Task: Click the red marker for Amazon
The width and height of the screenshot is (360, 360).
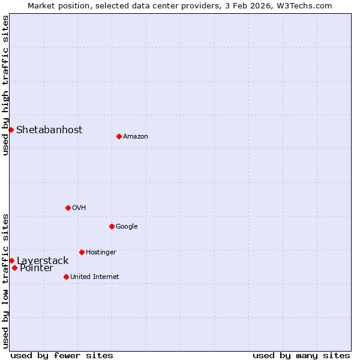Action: [119, 136]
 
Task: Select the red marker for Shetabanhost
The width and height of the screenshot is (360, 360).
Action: [11, 130]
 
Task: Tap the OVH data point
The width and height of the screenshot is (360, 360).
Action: [68, 208]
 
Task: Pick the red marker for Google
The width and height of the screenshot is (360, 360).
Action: [112, 226]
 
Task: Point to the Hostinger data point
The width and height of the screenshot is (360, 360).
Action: [82, 252]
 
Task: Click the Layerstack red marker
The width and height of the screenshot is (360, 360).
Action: [11, 260]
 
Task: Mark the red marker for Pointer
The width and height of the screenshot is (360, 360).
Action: [14, 268]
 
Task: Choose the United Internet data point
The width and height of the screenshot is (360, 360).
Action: [66, 277]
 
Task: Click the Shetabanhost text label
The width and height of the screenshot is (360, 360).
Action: [49, 130]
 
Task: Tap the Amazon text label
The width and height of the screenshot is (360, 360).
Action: [136, 137]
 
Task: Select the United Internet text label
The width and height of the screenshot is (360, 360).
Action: [95, 277]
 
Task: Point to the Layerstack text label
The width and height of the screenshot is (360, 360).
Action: [43, 261]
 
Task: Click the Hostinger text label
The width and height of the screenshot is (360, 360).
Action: [101, 253]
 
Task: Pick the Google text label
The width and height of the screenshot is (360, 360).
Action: [127, 227]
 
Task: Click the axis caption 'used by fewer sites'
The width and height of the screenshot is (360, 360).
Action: [62, 355]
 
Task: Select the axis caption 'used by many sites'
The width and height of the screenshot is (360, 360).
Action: [301, 355]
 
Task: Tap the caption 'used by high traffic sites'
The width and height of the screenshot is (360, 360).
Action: [5, 85]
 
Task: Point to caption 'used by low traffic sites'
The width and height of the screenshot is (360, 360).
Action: [5, 280]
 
